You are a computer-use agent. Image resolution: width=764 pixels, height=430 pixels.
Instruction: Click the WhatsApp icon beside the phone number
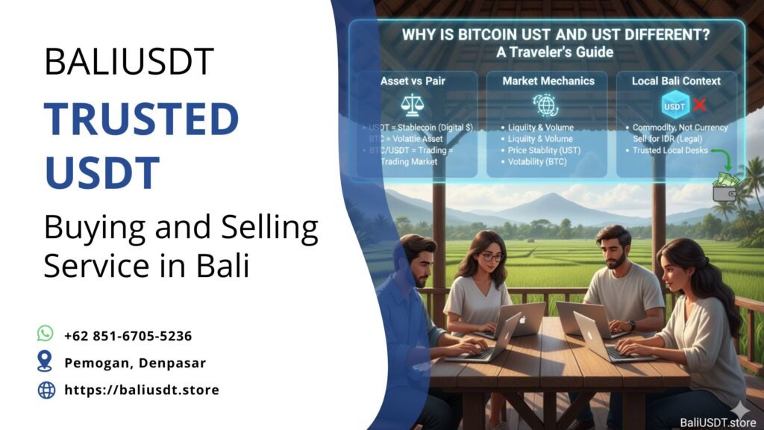pyautogui.click(x=46, y=334)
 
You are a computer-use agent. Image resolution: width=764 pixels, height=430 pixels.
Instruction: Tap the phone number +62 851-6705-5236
pyautogui.click(x=128, y=335)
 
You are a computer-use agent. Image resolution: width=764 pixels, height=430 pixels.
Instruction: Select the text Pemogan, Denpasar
pyautogui.click(x=134, y=363)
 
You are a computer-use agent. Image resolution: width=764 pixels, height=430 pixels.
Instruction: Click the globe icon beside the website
pyautogui.click(x=46, y=390)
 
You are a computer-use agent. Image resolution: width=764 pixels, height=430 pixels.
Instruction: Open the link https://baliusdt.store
pyautogui.click(x=142, y=390)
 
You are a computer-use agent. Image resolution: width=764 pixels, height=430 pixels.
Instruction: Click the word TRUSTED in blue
pyautogui.click(x=141, y=120)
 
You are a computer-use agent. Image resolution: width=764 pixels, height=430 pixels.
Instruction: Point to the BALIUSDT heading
pyautogui.click(x=129, y=61)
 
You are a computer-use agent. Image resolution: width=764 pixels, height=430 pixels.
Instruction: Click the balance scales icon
pyautogui.click(x=411, y=104)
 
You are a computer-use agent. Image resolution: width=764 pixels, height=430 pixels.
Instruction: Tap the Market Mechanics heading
pyautogui.click(x=549, y=81)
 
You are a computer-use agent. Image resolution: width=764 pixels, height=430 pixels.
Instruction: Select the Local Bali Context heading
pyautogui.click(x=675, y=81)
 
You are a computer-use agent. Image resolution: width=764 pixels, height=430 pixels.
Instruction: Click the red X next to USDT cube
pyautogui.click(x=699, y=105)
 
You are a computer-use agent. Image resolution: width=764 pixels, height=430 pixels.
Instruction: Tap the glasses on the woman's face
pyautogui.click(x=490, y=257)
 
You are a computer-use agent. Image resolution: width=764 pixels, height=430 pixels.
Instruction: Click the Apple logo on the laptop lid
pyautogui.click(x=521, y=320)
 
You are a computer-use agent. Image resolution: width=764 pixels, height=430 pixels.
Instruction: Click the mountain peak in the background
pyautogui.click(x=554, y=199)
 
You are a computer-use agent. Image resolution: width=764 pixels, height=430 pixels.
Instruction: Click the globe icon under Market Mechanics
pyautogui.click(x=544, y=104)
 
